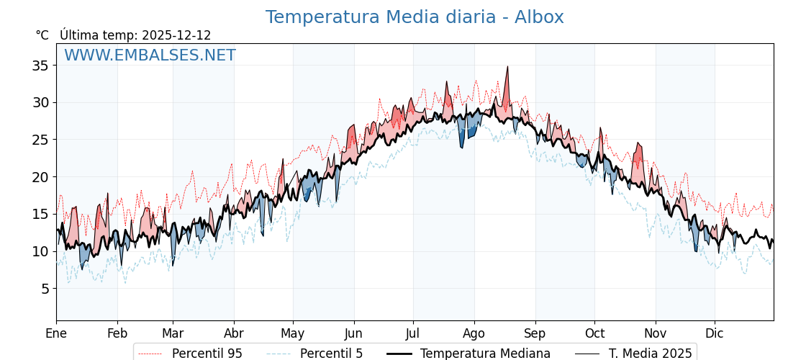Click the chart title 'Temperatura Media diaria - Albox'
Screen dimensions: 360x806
click(x=414, y=17)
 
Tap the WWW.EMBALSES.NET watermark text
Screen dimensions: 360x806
click(x=150, y=55)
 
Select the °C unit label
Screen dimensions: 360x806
click(x=42, y=35)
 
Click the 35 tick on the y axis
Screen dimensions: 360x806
click(x=40, y=66)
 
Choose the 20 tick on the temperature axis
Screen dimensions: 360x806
click(x=40, y=177)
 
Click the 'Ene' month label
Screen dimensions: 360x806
click(x=56, y=333)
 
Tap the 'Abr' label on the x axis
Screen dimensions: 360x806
click(x=234, y=333)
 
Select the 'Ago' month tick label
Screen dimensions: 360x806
click(x=474, y=333)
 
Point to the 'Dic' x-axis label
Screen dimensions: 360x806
click(x=715, y=333)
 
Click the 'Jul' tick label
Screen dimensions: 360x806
click(x=413, y=333)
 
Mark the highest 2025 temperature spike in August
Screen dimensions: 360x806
click(x=507, y=67)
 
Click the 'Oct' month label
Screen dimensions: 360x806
click(x=594, y=333)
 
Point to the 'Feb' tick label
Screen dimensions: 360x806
click(x=117, y=333)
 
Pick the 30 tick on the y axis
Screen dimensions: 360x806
click(x=40, y=102)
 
